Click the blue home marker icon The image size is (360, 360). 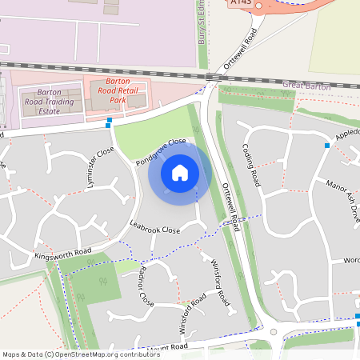(180, 172)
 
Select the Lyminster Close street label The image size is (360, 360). (94, 166)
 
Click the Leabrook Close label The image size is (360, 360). (155, 229)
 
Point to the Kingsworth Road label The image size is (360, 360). (63, 255)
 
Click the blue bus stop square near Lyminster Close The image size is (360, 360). (109, 122)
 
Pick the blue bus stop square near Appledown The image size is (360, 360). (326, 146)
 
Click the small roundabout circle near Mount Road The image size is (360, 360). (273, 332)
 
